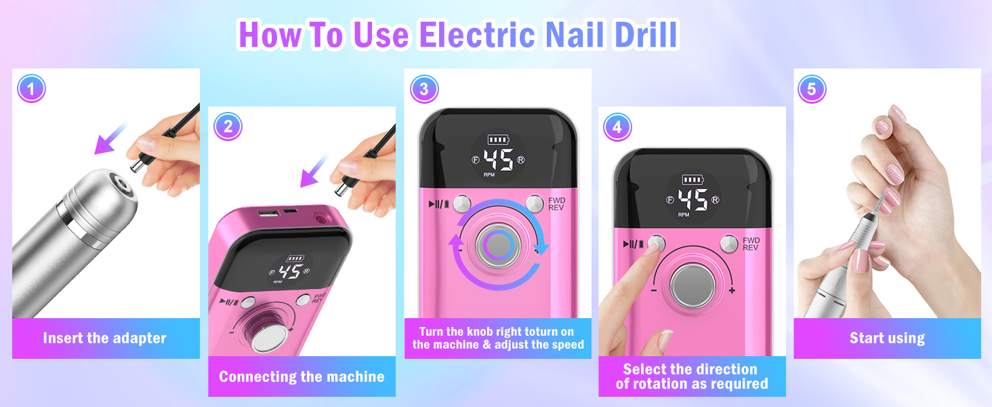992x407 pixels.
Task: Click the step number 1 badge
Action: (32, 88)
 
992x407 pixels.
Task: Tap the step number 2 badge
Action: (228, 126)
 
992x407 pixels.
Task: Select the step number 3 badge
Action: (424, 88)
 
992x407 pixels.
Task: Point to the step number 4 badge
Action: (617, 126)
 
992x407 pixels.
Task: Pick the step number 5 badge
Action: (812, 88)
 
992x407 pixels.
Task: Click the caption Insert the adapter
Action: (104, 338)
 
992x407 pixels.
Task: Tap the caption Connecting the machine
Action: (302, 376)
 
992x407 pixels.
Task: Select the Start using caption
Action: (887, 338)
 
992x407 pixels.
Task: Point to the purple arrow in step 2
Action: (313, 172)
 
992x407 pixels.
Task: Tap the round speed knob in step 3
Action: (498, 245)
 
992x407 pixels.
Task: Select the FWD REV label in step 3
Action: (556, 205)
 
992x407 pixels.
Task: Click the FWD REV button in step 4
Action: (729, 243)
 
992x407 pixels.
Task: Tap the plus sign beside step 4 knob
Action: (732, 290)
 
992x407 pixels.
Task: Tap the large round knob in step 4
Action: (693, 286)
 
